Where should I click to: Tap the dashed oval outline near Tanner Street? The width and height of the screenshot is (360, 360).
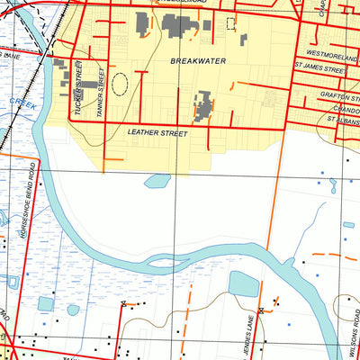(x=120, y=83)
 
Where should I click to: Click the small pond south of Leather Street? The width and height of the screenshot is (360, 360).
(x=157, y=181)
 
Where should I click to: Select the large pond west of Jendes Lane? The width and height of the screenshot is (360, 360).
(x=243, y=285)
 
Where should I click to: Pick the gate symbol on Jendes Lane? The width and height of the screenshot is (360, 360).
(x=260, y=310)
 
